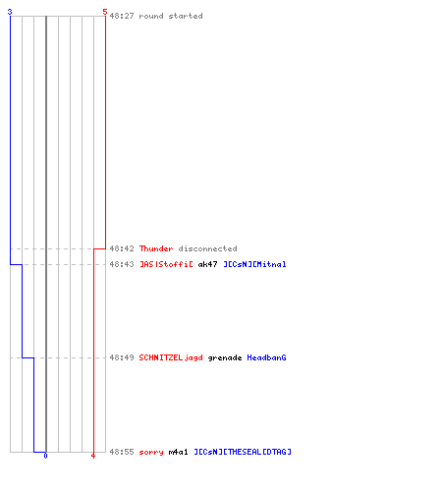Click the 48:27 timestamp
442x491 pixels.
point(122,16)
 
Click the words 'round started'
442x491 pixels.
point(171,16)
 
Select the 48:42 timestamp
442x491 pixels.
point(122,248)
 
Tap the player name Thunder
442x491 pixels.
point(156,248)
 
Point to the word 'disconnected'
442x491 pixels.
point(207,248)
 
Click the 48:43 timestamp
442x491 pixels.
point(122,264)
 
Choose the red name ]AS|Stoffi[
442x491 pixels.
point(166,264)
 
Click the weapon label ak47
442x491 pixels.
point(207,264)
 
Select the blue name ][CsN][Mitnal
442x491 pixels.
point(254,264)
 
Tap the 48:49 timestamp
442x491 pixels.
point(122,357)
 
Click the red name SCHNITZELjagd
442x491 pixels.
point(171,357)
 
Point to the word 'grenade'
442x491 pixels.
point(225,357)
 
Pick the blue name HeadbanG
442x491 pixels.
point(266,357)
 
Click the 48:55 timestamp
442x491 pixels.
point(122,452)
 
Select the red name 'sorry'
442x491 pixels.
point(151,452)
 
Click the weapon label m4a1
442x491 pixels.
point(178,452)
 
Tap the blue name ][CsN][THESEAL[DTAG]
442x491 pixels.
point(243,452)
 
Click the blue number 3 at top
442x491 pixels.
point(10,12)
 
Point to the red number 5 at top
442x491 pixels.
point(105,12)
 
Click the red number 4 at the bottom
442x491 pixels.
point(93,456)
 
